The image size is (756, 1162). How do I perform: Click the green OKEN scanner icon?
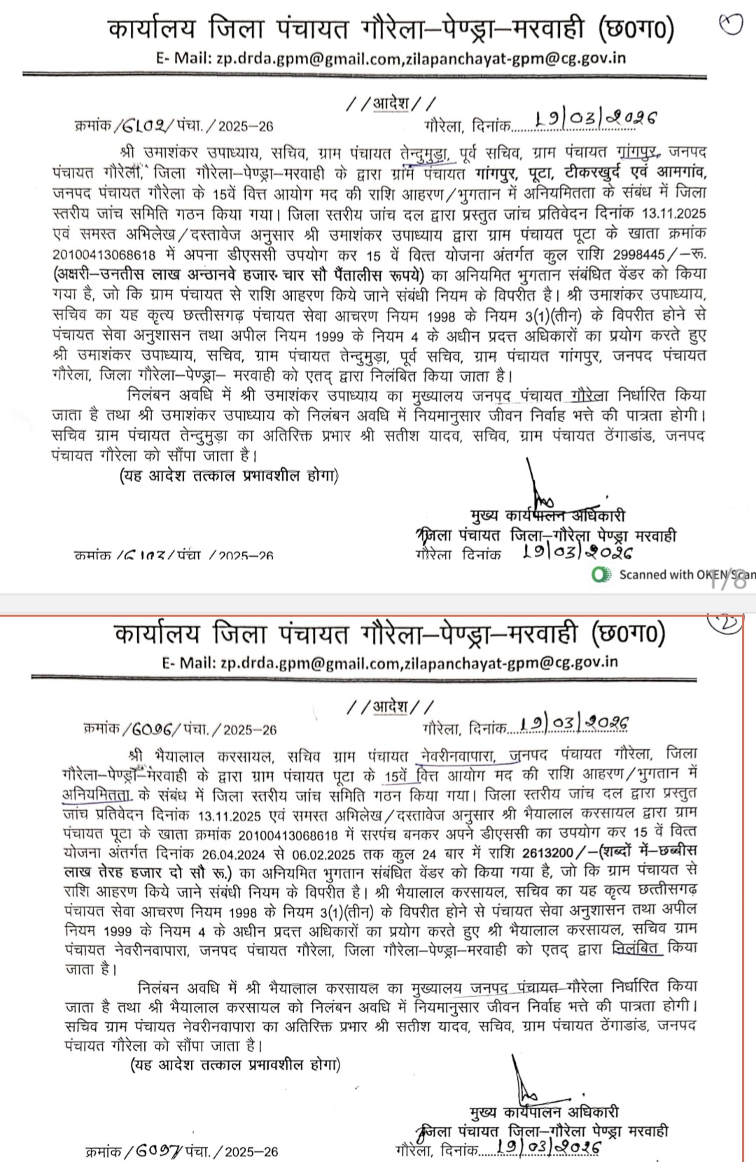(598, 575)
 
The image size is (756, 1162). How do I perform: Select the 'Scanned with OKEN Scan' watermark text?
(682, 575)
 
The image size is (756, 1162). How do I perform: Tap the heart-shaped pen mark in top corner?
(730, 26)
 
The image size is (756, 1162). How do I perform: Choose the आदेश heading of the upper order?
(388, 104)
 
